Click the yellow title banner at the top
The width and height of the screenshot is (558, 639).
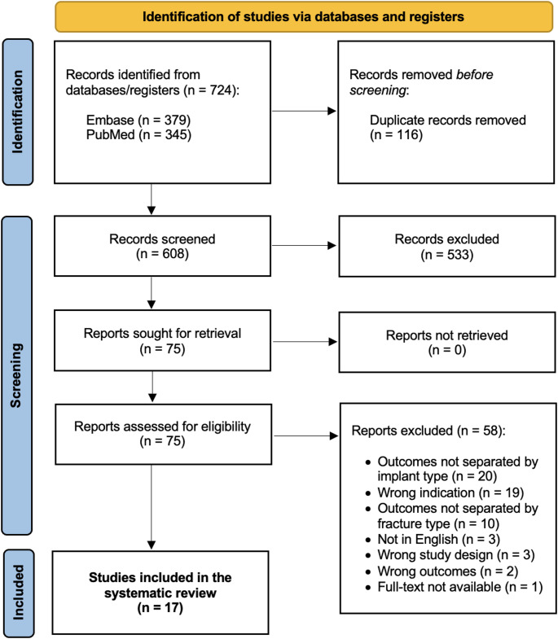tap(304, 17)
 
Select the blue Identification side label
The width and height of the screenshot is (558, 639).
tap(18, 112)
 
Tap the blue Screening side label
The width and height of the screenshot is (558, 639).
tap(17, 375)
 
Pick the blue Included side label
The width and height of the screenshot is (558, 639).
tap(19, 593)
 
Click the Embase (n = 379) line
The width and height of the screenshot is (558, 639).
tap(138, 120)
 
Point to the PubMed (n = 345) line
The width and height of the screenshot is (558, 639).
tap(138, 134)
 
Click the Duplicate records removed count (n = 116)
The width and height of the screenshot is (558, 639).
tap(396, 135)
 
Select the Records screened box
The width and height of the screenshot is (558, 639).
tap(162, 246)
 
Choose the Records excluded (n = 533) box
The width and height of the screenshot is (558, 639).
tap(447, 247)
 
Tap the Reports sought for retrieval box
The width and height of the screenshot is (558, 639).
tap(162, 340)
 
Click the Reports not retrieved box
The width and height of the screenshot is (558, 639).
tap(447, 343)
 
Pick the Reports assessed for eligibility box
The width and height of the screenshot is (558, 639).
tap(163, 434)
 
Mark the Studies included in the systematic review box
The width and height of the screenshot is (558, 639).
tap(160, 593)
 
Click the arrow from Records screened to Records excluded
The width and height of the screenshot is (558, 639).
tap(304, 245)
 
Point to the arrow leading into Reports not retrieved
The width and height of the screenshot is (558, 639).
tap(305, 342)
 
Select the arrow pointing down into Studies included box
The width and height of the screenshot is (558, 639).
tap(152, 507)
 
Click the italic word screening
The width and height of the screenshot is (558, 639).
tap(378, 90)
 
